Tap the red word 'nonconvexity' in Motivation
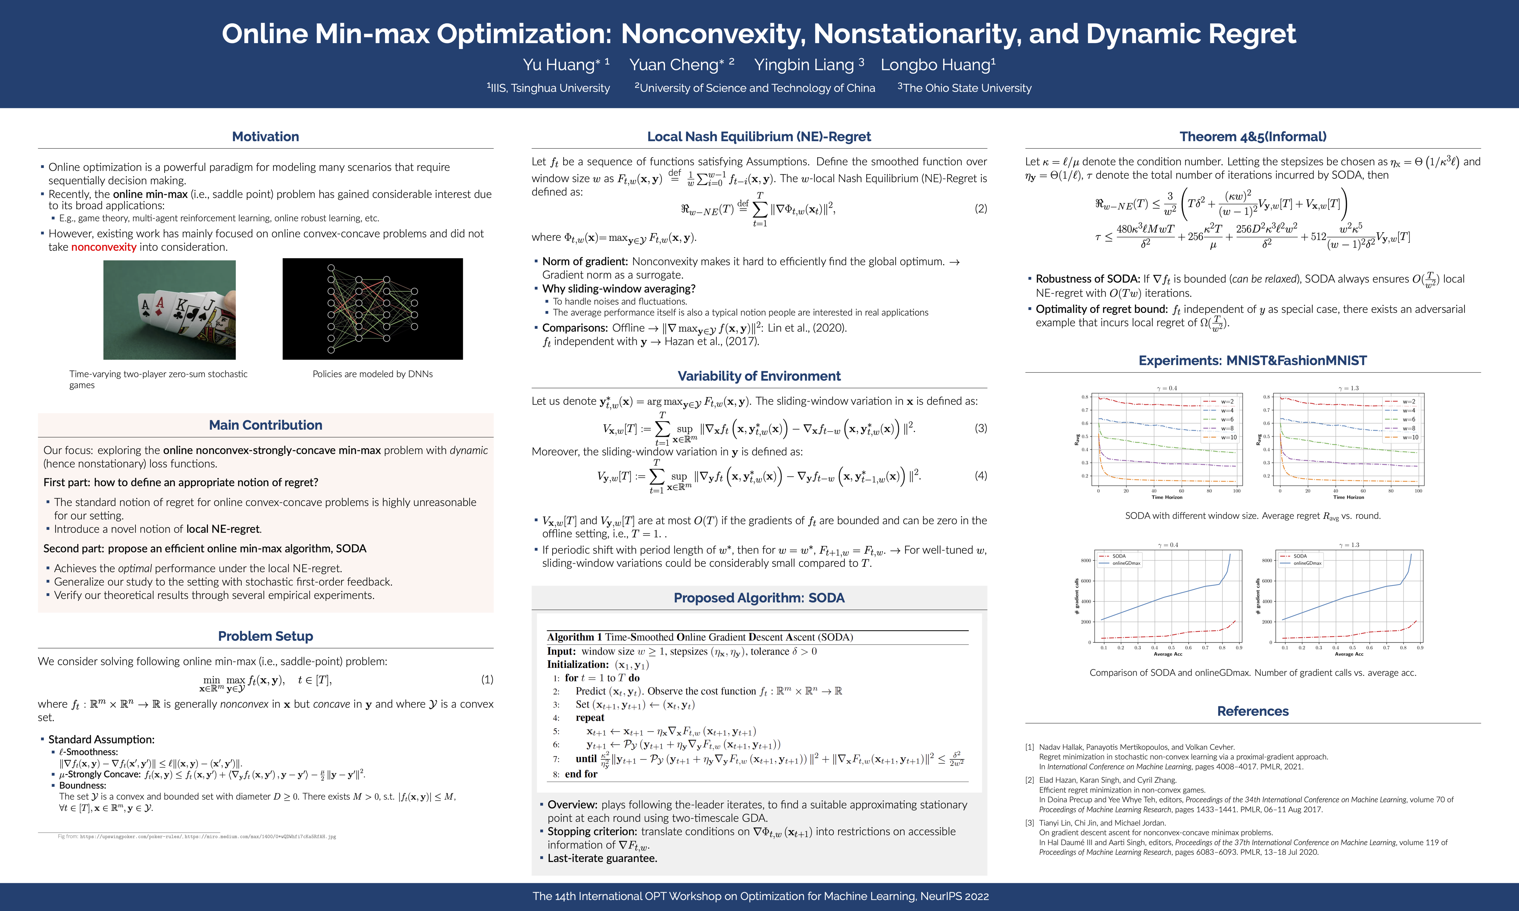104,247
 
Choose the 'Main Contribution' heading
265,425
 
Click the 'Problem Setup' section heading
265,636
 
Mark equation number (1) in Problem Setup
487,679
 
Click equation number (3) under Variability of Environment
981,428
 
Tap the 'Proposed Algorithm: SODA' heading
759,598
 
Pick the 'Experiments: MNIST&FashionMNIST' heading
1253,360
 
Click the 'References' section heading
1253,711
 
